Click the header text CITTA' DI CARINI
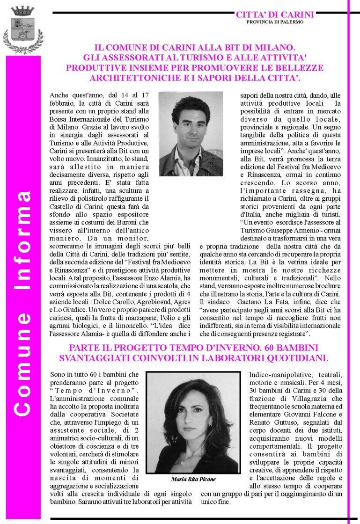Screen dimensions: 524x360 click(x=275, y=15)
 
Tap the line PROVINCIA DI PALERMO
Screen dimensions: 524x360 click(x=275, y=22)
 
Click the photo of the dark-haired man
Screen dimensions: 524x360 click(x=191, y=133)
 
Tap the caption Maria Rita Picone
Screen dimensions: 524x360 click(x=193, y=480)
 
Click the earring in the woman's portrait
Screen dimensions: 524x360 click(x=210, y=423)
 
